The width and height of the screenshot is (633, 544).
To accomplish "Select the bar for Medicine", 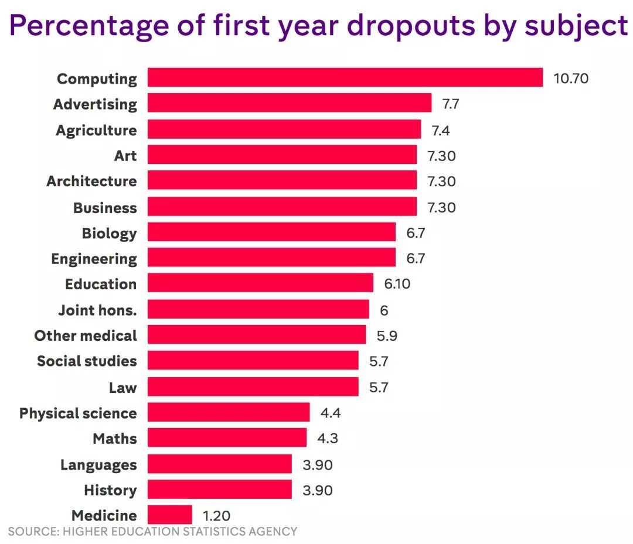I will click(169, 515).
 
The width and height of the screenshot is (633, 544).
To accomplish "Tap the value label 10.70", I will click(571, 78).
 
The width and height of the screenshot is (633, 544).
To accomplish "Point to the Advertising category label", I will click(95, 104).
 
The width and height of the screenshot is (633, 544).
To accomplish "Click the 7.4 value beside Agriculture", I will click(441, 130).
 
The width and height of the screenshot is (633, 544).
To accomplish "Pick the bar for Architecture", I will click(282, 181).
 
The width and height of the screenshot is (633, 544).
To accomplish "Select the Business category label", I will click(105, 208).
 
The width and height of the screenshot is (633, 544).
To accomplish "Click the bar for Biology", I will click(271, 232).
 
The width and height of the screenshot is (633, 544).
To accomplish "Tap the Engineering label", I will click(94, 259).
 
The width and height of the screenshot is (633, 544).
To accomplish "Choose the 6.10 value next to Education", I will click(397, 285).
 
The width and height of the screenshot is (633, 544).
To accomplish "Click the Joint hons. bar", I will click(258, 310).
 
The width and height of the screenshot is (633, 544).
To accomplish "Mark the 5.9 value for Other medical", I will click(387, 336).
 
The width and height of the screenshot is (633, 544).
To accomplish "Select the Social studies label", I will click(87, 361).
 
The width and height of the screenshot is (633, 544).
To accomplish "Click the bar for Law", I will click(253, 386).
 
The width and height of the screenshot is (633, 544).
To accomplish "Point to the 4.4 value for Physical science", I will click(330, 413).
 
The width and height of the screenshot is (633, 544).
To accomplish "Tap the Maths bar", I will click(227, 438).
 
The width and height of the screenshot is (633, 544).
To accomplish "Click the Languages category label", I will click(98, 465).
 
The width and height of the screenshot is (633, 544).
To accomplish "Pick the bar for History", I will click(219, 490).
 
